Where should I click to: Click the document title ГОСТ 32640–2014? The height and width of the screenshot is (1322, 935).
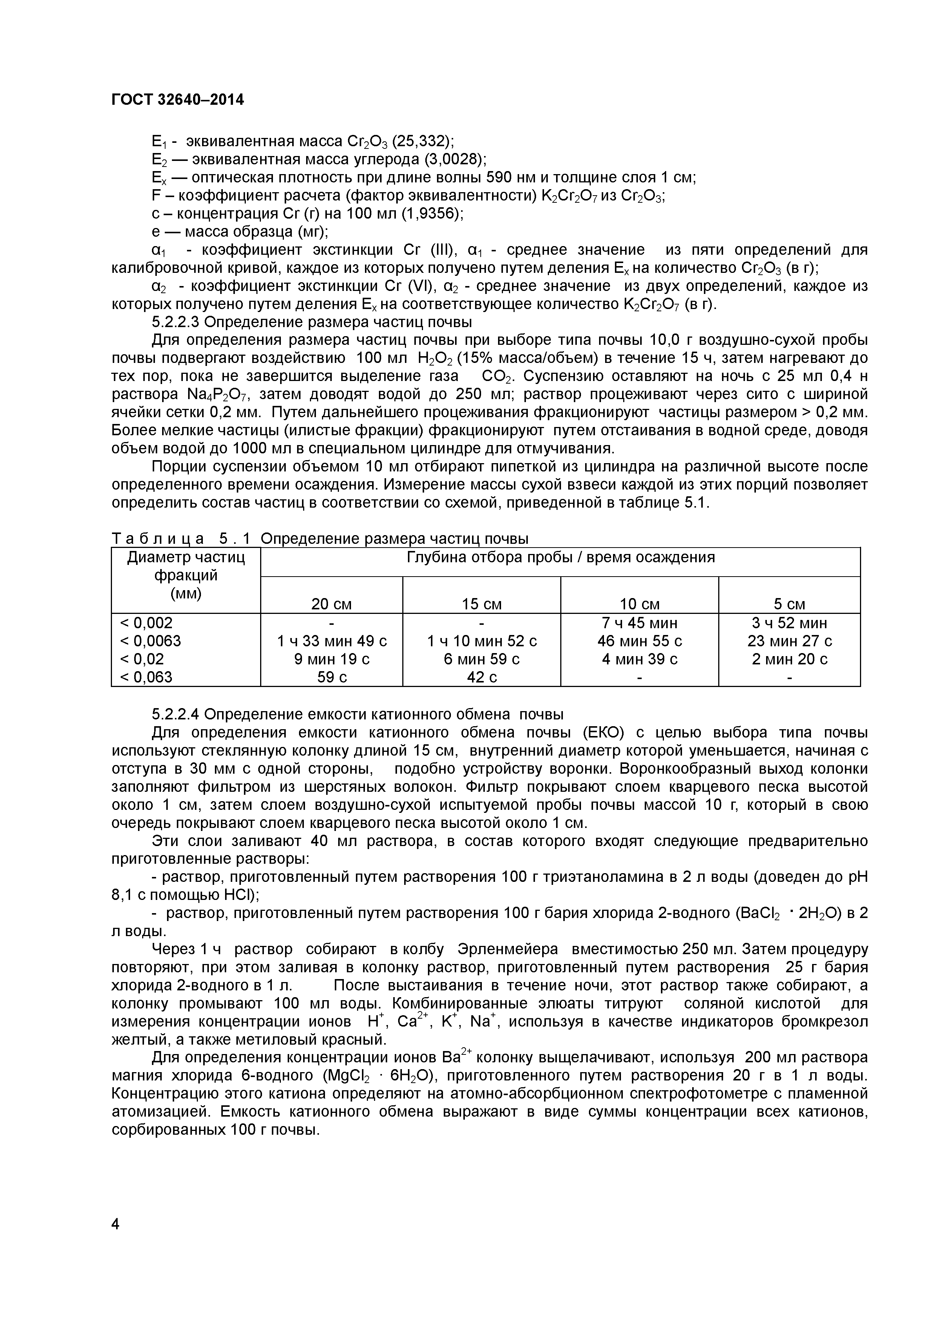click(x=178, y=100)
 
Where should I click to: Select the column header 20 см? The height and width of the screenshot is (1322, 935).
click(x=331, y=604)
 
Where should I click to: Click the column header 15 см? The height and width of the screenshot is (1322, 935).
click(x=481, y=604)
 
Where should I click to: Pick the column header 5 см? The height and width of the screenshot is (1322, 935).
click(x=789, y=604)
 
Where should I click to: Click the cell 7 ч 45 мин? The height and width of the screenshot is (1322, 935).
click(x=639, y=623)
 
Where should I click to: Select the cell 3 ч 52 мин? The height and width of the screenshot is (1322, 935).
click(x=789, y=623)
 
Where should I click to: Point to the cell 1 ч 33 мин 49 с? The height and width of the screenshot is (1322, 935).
click(x=332, y=641)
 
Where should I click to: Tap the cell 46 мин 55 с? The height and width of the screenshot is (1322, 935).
click(x=639, y=641)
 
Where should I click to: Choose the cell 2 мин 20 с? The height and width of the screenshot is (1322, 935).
click(x=789, y=659)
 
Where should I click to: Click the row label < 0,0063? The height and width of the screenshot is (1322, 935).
click(x=150, y=641)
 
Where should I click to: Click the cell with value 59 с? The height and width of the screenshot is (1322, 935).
click(x=332, y=677)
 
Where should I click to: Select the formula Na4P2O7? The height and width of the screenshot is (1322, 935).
click(x=222, y=395)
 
